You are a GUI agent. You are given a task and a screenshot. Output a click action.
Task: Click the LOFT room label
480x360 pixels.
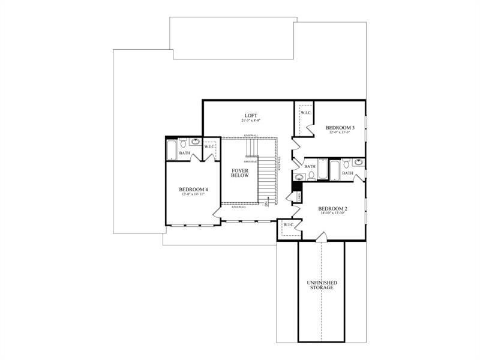(250, 115)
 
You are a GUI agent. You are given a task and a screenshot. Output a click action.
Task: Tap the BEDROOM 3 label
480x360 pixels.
(340, 127)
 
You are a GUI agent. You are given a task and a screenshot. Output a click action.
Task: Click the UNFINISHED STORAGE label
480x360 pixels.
(322, 284)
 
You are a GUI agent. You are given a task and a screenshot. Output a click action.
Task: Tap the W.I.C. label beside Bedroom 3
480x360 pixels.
(305, 112)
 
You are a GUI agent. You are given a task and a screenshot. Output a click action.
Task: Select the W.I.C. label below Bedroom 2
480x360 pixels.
(287, 224)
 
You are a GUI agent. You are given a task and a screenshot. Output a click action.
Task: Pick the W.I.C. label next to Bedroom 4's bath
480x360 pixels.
(210, 146)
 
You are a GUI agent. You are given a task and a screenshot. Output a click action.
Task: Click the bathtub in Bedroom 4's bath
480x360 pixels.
(172, 149)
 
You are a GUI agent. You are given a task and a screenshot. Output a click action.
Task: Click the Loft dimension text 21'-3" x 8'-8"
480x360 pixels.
(250, 121)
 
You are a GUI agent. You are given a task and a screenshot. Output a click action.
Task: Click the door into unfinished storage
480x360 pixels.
(322, 238)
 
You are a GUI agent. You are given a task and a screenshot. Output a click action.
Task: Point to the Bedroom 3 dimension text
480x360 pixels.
(340, 133)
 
